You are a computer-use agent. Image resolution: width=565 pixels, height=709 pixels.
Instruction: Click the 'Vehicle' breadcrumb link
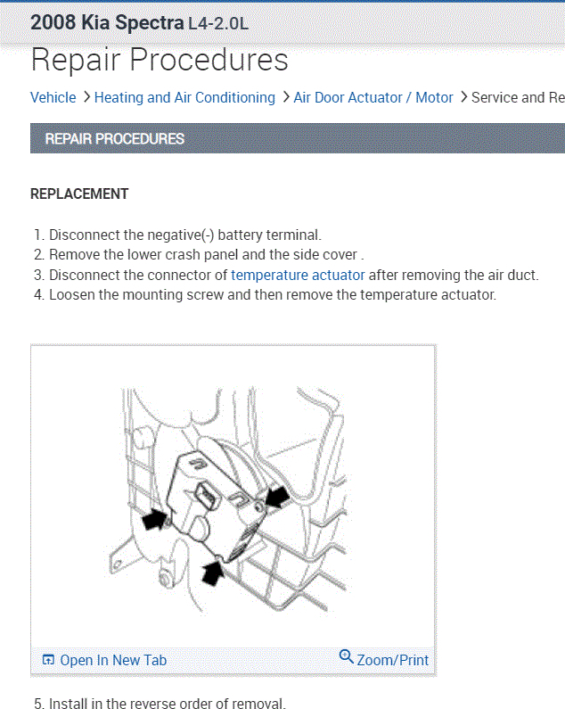pyautogui.click(x=53, y=97)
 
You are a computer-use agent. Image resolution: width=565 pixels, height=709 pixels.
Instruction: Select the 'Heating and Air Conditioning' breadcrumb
pyautogui.click(x=184, y=97)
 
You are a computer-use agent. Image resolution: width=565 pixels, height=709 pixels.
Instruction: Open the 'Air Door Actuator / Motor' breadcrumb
pyautogui.click(x=373, y=97)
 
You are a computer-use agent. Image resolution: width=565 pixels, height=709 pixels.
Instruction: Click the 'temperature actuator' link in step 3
pyautogui.click(x=298, y=276)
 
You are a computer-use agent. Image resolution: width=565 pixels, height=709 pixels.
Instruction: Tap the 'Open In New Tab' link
pyautogui.click(x=113, y=660)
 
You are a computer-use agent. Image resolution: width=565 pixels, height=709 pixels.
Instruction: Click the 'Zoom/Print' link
pyautogui.click(x=392, y=660)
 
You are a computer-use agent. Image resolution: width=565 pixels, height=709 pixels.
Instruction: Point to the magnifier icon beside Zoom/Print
pyautogui.click(x=347, y=657)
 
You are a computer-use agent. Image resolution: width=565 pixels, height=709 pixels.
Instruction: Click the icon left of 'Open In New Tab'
pyautogui.click(x=48, y=660)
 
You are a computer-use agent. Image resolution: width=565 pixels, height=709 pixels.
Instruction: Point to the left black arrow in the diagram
pyautogui.click(x=155, y=518)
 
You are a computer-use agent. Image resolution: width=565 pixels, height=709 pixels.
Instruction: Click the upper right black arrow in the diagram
pyautogui.click(x=276, y=496)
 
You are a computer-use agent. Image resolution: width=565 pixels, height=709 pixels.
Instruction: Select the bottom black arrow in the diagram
pyautogui.click(x=213, y=570)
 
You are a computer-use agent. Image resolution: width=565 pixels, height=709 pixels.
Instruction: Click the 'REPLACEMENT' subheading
pyautogui.click(x=79, y=194)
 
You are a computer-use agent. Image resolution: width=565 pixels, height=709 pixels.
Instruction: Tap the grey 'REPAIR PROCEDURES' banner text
pyautogui.click(x=114, y=139)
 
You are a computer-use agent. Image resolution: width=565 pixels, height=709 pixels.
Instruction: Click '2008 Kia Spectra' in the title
pyautogui.click(x=107, y=23)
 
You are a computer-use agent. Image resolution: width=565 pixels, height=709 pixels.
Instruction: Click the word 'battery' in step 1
pyautogui.click(x=241, y=235)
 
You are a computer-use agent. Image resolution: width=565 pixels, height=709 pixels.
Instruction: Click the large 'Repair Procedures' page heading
pyautogui.click(x=160, y=60)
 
